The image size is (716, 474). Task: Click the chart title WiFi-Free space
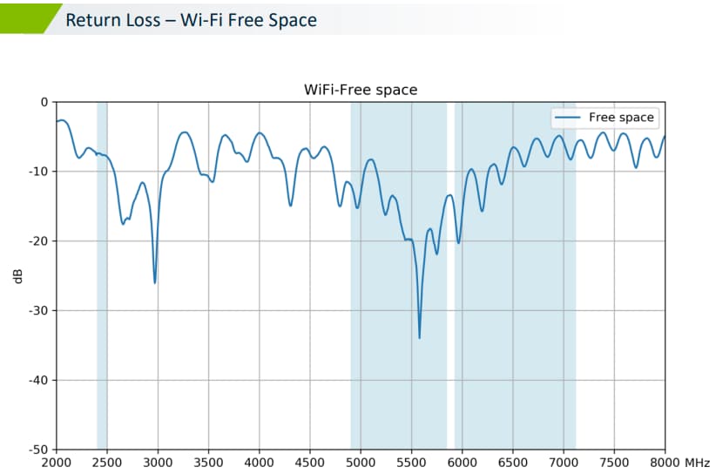tap(360, 90)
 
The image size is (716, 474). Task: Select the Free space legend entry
tap(621, 118)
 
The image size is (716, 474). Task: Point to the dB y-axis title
tap(17, 276)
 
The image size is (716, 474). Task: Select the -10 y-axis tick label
tap(39, 172)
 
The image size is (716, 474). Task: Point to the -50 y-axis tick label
tap(39, 450)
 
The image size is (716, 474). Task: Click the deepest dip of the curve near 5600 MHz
tap(419, 337)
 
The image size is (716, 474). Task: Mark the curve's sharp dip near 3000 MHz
tap(155, 282)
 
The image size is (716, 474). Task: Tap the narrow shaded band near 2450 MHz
tap(102, 261)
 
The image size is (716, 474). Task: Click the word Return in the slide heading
tap(91, 19)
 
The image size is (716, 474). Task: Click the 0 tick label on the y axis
tap(44, 102)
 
